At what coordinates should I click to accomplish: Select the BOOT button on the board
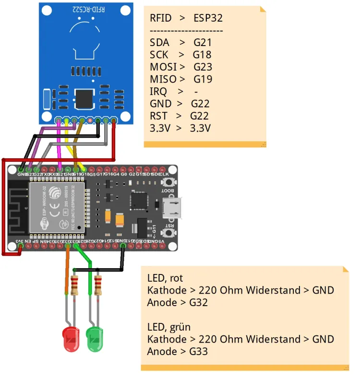(x=168, y=183)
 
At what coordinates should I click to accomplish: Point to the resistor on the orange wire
(x=74, y=286)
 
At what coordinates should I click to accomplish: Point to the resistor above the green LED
(x=98, y=286)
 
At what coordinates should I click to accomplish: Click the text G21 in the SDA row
(x=202, y=43)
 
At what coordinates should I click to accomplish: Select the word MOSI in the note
(x=163, y=67)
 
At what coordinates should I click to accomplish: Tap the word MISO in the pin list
(x=163, y=79)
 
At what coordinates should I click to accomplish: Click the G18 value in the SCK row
(x=202, y=55)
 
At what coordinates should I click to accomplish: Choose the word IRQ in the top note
(x=158, y=91)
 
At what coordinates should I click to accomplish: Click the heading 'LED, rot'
(x=165, y=278)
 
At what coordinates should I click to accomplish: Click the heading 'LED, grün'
(x=168, y=327)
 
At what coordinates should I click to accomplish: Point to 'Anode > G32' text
(x=177, y=303)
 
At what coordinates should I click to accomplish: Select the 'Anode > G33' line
(x=177, y=352)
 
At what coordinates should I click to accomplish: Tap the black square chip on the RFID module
(x=85, y=98)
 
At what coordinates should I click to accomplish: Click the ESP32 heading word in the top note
(x=208, y=18)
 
